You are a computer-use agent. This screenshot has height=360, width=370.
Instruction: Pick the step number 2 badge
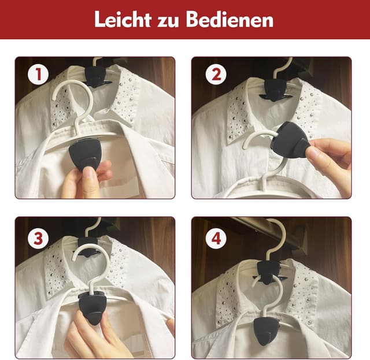click(216, 75)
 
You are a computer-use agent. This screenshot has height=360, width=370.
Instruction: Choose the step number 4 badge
click(216, 237)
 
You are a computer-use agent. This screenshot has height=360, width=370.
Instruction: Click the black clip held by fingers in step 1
click(84, 155)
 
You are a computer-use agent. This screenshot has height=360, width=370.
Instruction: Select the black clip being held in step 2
click(293, 140)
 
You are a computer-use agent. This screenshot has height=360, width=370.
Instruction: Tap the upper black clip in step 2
click(275, 87)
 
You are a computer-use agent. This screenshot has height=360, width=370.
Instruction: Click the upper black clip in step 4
click(269, 268)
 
